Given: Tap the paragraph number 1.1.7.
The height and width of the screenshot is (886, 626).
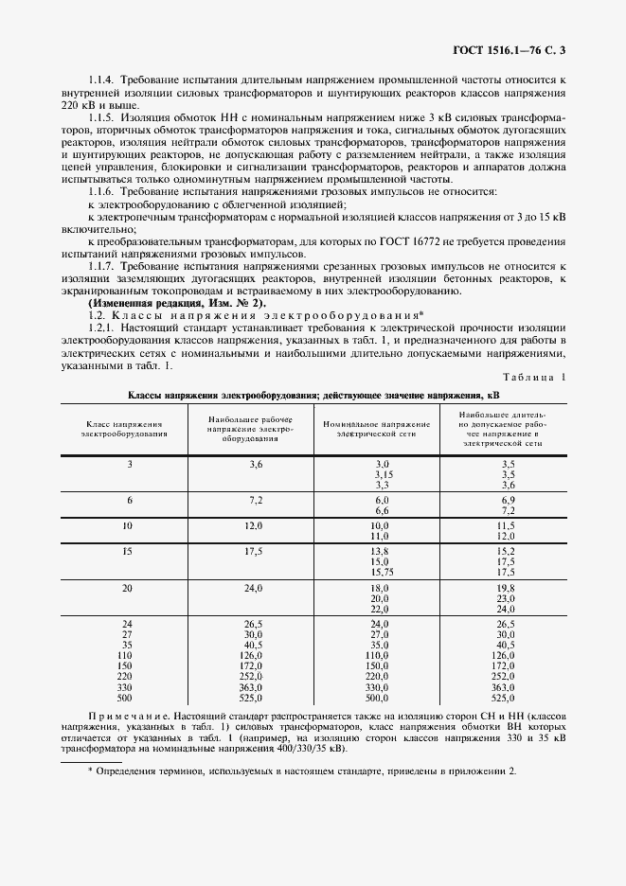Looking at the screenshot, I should [x=102, y=267].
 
